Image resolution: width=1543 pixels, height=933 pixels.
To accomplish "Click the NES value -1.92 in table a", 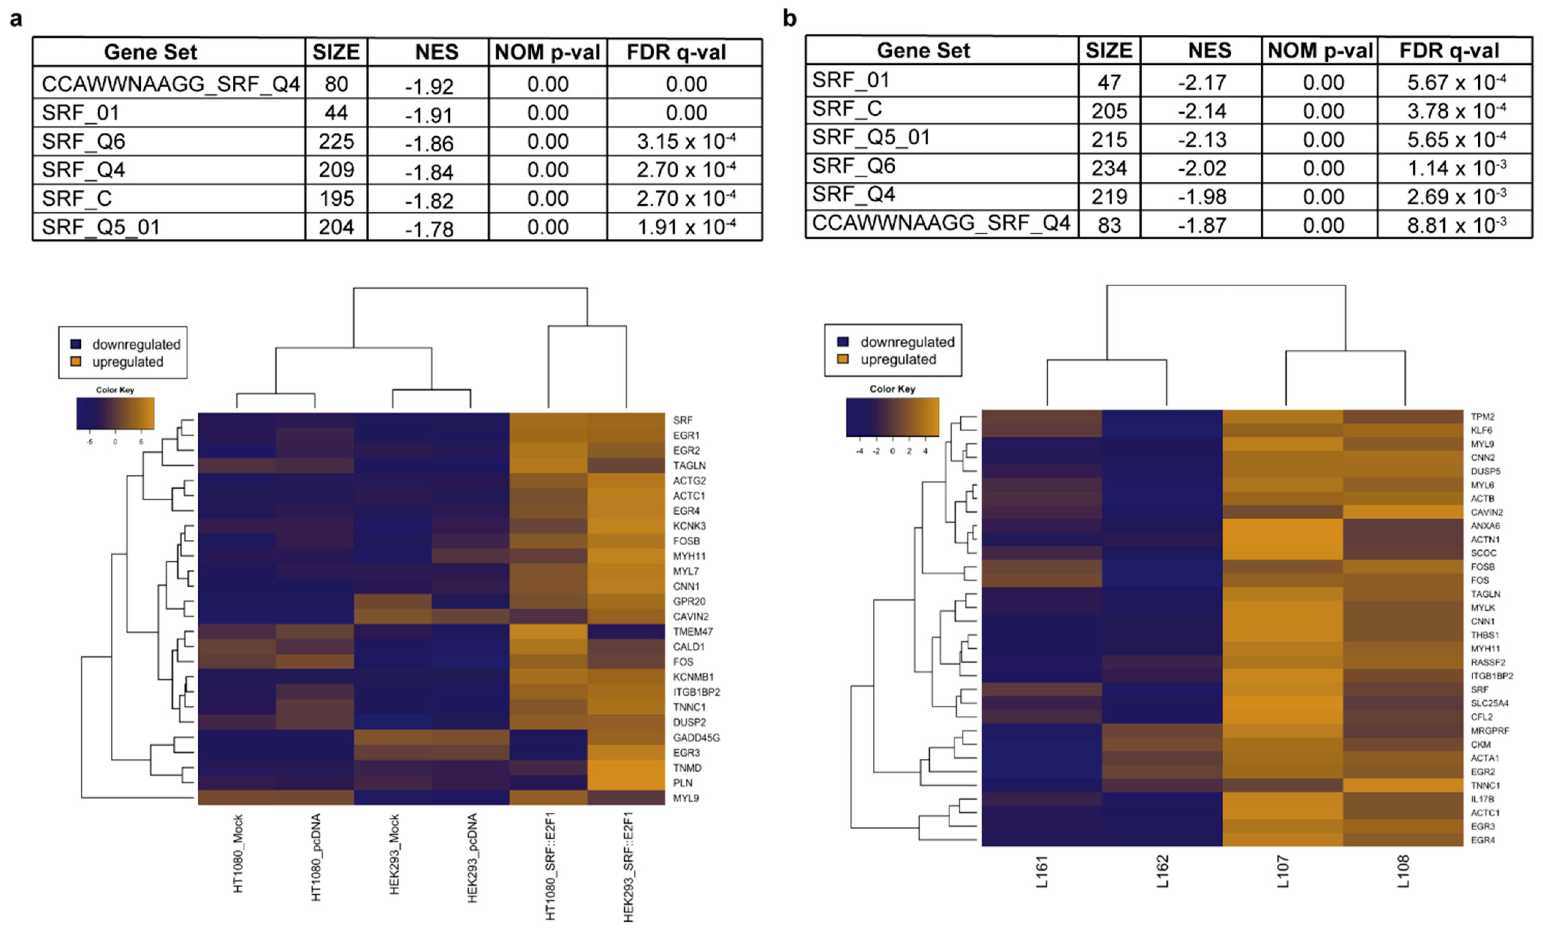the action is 429,86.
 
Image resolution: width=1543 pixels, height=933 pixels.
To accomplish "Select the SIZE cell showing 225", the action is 336,141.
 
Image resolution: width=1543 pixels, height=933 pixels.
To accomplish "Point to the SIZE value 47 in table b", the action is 1109,83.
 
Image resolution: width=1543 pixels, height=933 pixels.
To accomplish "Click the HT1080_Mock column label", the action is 238,853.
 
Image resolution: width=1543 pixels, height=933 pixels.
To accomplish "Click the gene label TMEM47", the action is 693,632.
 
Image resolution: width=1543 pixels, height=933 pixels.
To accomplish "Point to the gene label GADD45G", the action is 696,737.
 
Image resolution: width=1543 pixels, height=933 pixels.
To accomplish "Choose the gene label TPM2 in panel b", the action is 1482,417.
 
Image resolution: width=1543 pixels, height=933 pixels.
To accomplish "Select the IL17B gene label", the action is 1482,799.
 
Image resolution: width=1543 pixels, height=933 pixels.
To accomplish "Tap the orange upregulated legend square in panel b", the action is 843,359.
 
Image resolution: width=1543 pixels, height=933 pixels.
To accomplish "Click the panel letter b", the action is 790,18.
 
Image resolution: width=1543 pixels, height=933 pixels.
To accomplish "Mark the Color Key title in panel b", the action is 892,389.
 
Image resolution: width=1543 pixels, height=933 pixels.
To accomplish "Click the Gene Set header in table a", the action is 150,52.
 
